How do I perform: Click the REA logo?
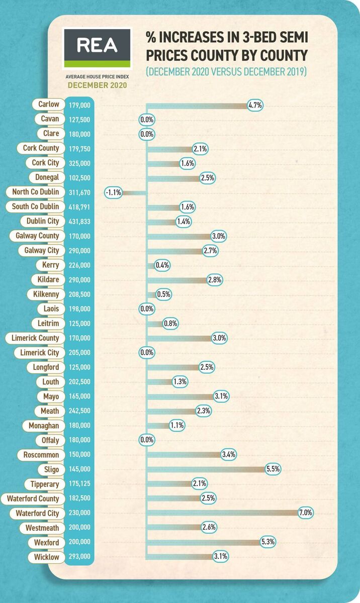97,48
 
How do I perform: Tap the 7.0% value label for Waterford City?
306,513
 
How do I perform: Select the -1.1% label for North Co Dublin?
113,192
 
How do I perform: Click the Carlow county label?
49,105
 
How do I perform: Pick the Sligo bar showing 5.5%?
206,469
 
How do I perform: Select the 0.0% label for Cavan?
147,120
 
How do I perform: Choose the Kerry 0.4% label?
162,265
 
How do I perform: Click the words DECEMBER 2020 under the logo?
97,85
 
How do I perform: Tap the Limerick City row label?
39,353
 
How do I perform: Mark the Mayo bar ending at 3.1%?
181,396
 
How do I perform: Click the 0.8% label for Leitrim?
170,324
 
